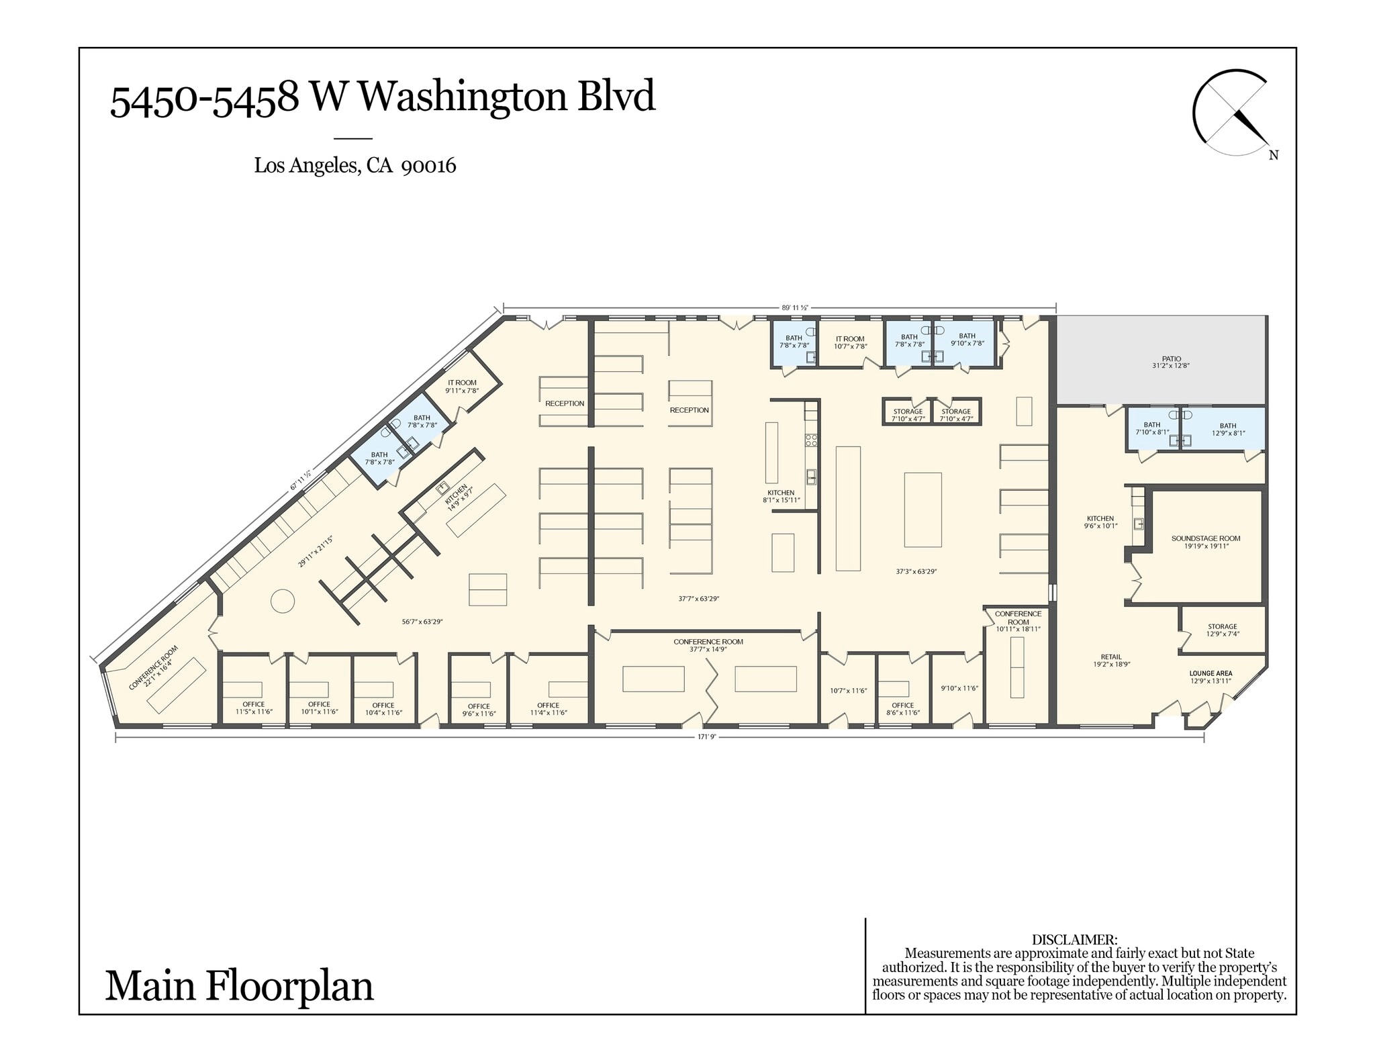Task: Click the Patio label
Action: (1172, 363)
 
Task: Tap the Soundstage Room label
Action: (1206, 542)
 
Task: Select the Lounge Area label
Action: (1211, 677)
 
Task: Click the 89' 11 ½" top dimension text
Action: (794, 307)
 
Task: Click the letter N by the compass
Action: (1274, 155)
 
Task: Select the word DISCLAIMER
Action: (1074, 940)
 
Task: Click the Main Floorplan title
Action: (239, 986)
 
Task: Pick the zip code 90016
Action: (428, 165)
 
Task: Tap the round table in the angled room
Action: (283, 600)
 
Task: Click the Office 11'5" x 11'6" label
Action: (254, 708)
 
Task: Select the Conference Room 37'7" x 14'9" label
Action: (708, 645)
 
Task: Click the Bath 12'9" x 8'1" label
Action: (1227, 429)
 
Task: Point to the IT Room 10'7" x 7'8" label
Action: (850, 342)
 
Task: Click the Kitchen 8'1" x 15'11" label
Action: (781, 496)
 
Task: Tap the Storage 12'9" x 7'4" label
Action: (1222, 630)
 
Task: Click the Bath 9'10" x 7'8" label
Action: (967, 339)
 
